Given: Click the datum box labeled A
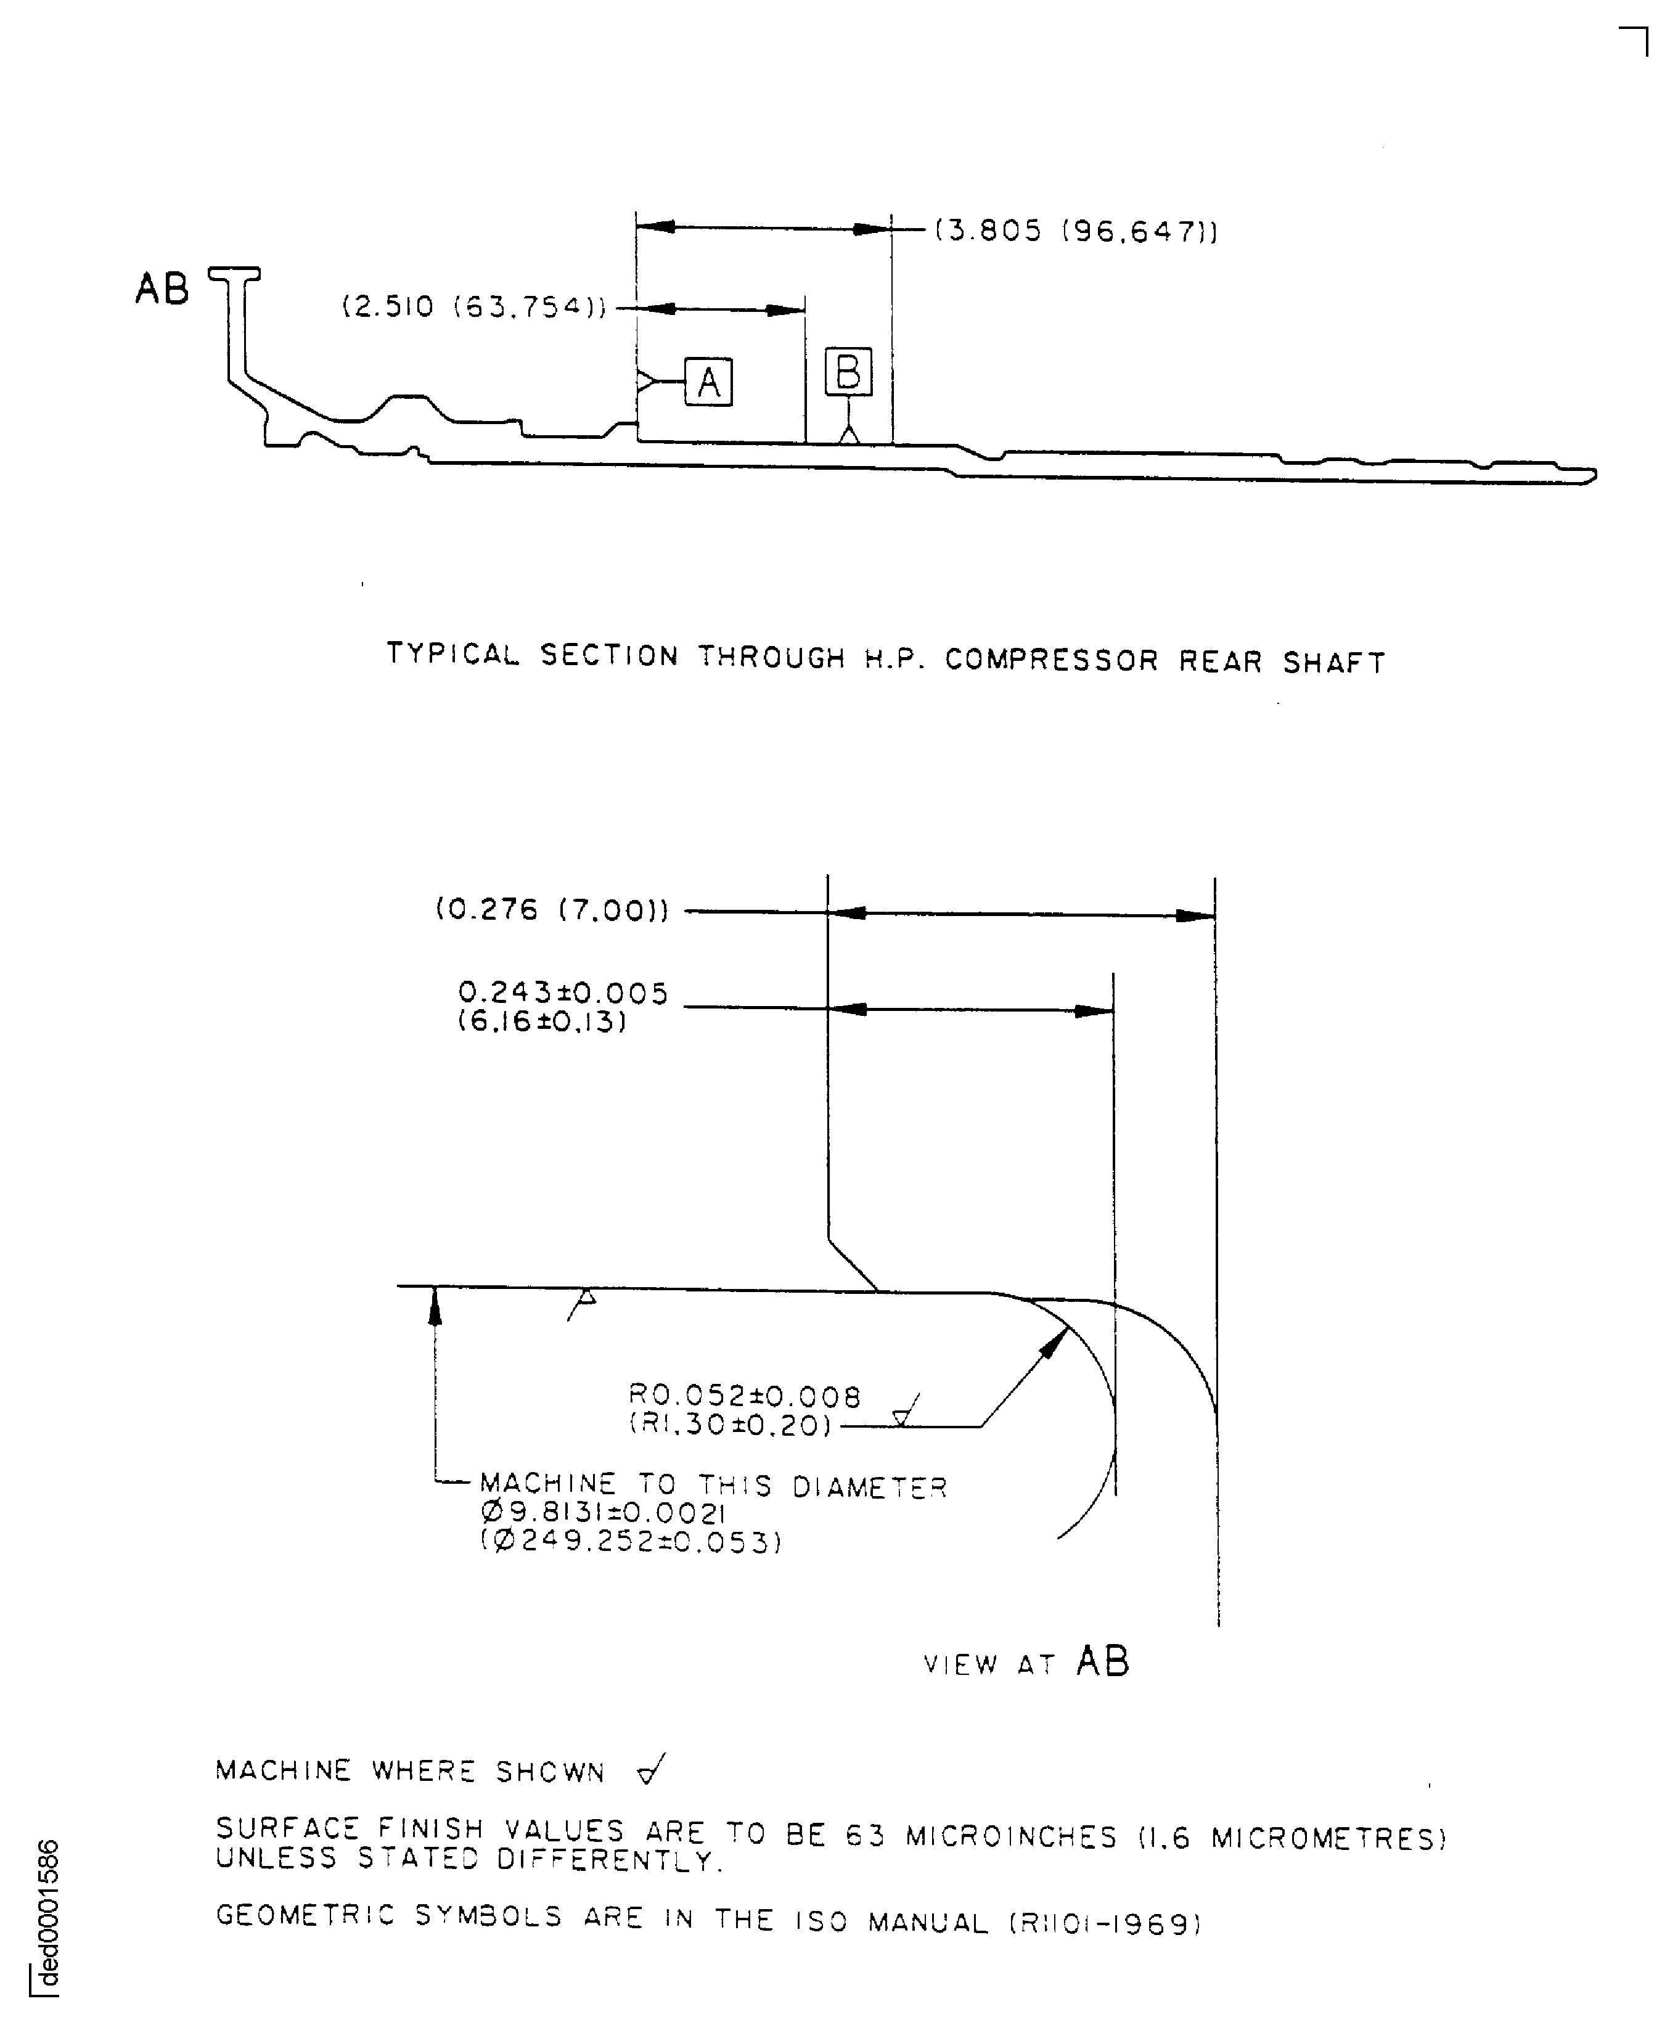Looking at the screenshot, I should pyautogui.click(x=708, y=382).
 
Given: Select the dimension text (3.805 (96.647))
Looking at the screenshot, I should pyautogui.click(x=1076, y=232).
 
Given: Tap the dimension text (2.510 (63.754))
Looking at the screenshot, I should pyautogui.click(x=475, y=308).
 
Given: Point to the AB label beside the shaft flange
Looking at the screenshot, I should pyautogui.click(x=162, y=288).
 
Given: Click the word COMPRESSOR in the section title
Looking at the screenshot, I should pyautogui.click(x=1052, y=660).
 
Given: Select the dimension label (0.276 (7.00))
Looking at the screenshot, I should pyautogui.click(x=552, y=909).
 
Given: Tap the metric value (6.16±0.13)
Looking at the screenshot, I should pyautogui.click(x=542, y=1021).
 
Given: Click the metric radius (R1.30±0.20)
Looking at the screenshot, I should pyautogui.click(x=730, y=1425).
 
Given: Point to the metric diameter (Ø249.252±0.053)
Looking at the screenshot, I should pyautogui.click(x=631, y=1542).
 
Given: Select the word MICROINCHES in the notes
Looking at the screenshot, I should pyautogui.click(x=1011, y=1836).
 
